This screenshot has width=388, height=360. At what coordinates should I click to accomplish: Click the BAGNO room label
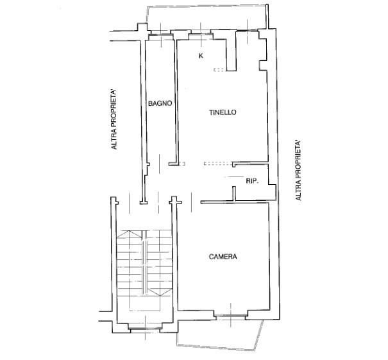tap(160, 103)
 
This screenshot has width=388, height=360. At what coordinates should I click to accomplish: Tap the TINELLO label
tap(223, 112)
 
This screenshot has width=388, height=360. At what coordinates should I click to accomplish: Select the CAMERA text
tap(223, 257)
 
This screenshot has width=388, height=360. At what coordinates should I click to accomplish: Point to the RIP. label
tap(252, 181)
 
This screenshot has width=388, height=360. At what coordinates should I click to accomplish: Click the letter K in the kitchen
tap(201, 56)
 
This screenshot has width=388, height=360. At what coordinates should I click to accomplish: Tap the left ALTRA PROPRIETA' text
tap(114, 119)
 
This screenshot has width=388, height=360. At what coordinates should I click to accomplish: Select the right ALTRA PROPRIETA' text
tap(298, 170)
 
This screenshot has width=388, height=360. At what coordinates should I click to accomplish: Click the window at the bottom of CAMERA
tap(231, 316)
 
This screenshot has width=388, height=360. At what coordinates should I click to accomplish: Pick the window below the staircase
tap(145, 329)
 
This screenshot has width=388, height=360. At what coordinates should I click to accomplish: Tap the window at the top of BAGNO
tap(161, 35)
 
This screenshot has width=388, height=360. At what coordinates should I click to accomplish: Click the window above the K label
tap(201, 31)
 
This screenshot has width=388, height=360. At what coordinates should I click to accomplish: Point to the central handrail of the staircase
tap(144, 262)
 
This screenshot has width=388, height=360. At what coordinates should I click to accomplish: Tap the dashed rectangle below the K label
tap(219, 70)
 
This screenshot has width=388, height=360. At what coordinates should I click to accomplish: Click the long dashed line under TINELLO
tap(218, 164)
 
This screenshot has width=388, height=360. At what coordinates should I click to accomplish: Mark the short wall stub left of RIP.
tap(233, 194)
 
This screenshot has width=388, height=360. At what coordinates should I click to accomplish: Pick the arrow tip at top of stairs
tap(129, 231)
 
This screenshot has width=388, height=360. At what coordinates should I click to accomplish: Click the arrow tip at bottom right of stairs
tap(160, 296)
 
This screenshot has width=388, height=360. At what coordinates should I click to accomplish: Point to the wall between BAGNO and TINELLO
tap(176, 101)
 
